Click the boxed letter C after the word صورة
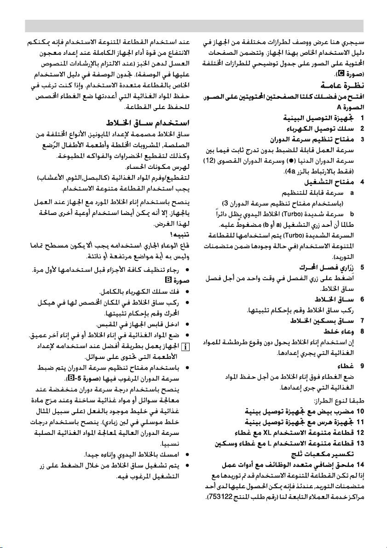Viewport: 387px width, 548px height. (341, 74)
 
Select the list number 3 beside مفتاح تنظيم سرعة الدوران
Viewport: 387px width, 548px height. (362, 139)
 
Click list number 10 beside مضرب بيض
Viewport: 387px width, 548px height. (360, 411)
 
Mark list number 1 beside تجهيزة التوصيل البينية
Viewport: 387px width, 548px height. (362, 118)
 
